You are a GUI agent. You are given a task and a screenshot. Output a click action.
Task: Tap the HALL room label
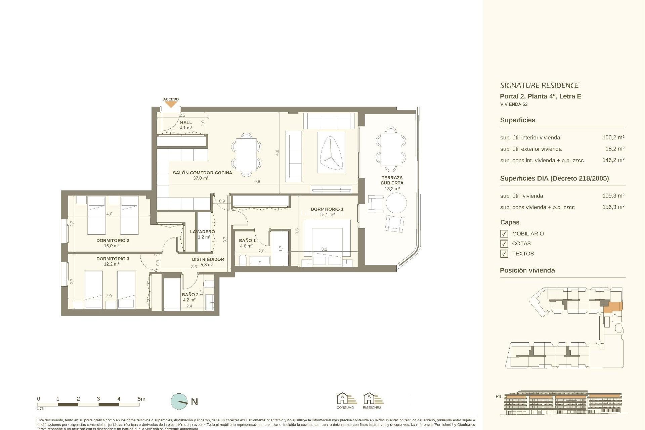186,123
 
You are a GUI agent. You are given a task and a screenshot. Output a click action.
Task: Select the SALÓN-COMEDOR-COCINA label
202,173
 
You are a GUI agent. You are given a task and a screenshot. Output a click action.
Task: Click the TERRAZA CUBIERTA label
392,180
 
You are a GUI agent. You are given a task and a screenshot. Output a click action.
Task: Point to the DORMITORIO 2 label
113,241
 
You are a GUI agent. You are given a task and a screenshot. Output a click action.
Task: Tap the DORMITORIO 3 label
113,259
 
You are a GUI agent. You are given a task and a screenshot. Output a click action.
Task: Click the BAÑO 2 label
190,295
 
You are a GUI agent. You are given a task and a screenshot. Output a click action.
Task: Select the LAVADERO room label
202,231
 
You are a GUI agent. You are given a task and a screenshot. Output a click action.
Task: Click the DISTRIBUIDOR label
208,259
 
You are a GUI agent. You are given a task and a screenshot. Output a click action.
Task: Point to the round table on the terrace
396,203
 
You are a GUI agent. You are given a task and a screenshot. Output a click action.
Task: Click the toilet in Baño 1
242,260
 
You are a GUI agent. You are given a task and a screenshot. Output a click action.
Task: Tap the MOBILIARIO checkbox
504,233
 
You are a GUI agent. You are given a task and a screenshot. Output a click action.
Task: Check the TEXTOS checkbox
504,254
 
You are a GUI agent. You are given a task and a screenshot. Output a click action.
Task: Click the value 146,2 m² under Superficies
613,160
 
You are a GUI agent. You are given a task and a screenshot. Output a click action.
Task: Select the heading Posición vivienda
527,270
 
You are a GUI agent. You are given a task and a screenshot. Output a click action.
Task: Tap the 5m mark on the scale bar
141,399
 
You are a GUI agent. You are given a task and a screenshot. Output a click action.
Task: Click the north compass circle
179,401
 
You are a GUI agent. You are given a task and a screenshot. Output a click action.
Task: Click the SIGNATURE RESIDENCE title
539,85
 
